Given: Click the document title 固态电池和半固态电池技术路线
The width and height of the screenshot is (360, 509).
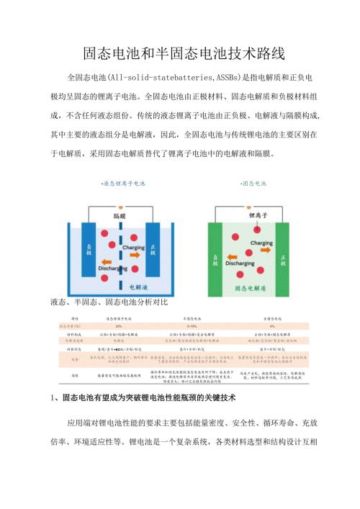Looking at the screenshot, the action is point(180,54).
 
